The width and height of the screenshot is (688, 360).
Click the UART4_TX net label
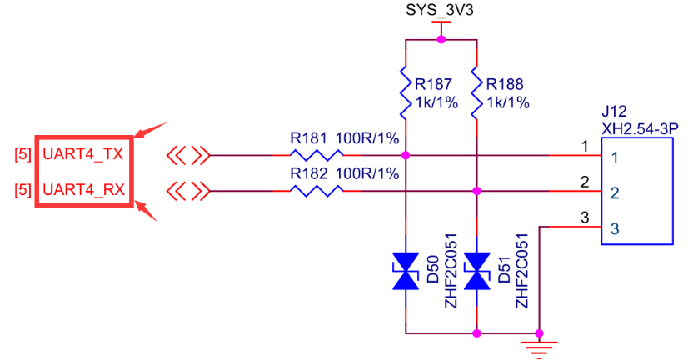click(x=82, y=155)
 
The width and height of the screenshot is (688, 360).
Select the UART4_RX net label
click(x=82, y=191)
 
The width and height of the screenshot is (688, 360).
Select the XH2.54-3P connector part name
click(x=638, y=127)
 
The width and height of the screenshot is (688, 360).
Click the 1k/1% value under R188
click(x=506, y=102)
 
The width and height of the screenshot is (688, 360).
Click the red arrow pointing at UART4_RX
click(x=148, y=210)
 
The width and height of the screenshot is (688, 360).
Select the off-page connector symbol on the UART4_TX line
click(x=187, y=155)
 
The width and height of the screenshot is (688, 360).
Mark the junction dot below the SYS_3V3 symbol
click(x=441, y=39)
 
